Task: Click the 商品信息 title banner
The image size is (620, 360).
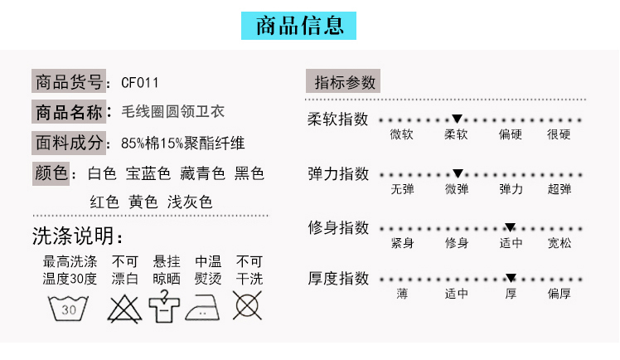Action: [298, 26]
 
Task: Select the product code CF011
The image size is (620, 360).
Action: [139, 83]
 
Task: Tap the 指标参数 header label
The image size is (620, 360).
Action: [343, 81]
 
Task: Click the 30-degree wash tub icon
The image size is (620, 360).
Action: [68, 308]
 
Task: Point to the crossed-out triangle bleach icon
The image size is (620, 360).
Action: [124, 309]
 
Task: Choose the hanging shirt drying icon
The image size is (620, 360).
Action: [164, 307]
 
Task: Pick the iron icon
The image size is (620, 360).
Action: [202, 308]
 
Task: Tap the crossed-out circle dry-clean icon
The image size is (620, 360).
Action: [247, 305]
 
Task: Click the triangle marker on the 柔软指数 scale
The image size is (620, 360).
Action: [457, 119]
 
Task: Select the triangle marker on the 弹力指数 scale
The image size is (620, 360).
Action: [458, 173]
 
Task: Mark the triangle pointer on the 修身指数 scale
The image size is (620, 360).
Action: [510, 227]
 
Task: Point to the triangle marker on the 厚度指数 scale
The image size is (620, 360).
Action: [511, 278]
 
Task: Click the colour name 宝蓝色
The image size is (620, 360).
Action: [148, 173]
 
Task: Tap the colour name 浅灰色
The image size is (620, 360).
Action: [190, 202]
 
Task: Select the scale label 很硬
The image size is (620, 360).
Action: [559, 134]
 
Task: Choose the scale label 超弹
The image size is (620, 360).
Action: [559, 189]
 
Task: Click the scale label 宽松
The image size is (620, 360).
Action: [559, 243]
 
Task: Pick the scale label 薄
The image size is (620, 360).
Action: [402, 294]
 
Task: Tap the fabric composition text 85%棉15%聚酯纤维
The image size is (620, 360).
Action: [182, 144]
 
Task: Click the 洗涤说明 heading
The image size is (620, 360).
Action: [78, 236]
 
